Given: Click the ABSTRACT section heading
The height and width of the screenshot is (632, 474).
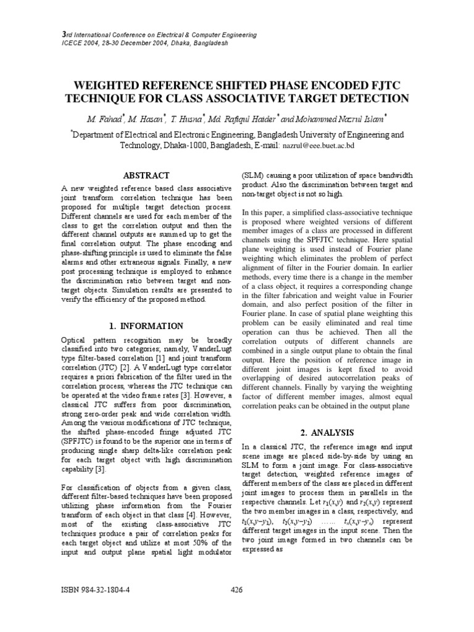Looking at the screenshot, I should coord(146,176).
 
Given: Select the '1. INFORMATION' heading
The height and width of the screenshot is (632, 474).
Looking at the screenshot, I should coord(146,326).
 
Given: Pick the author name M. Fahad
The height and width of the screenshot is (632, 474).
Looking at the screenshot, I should coord(105,117).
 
